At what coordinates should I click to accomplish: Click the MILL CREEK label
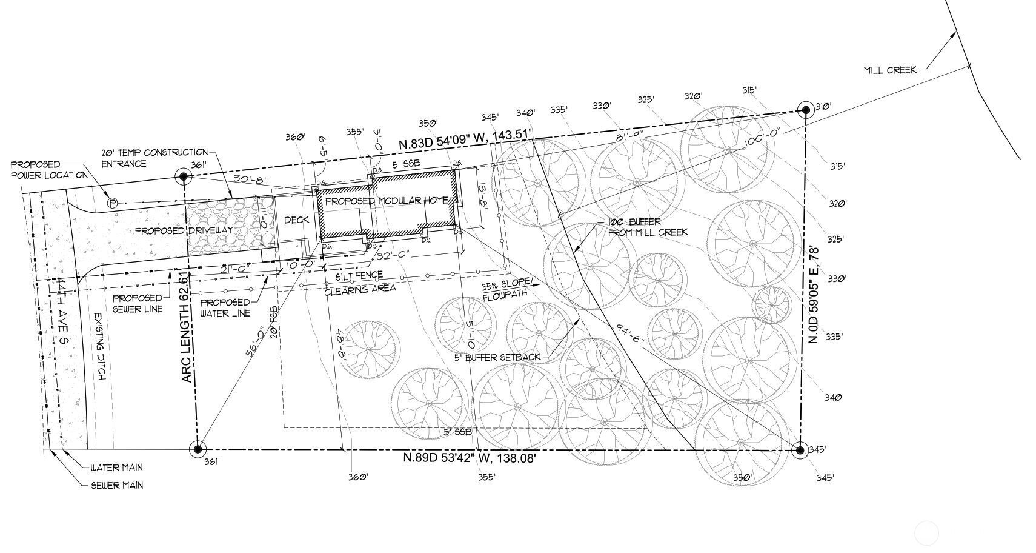889,70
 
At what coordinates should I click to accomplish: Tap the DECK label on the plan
296,220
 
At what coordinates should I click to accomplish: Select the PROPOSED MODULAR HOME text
387,201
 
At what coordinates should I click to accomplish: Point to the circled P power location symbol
112,203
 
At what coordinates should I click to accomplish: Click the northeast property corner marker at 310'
806,110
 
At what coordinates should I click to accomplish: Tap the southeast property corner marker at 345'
800,450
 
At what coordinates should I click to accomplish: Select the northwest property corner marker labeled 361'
184,177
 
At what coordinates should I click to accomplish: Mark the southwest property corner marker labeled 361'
197,449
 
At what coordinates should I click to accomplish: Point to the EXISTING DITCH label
99,347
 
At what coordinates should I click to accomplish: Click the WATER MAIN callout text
116,468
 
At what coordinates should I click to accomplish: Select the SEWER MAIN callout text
117,485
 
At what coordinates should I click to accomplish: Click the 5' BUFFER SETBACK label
497,357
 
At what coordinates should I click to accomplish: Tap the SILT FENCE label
361,276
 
